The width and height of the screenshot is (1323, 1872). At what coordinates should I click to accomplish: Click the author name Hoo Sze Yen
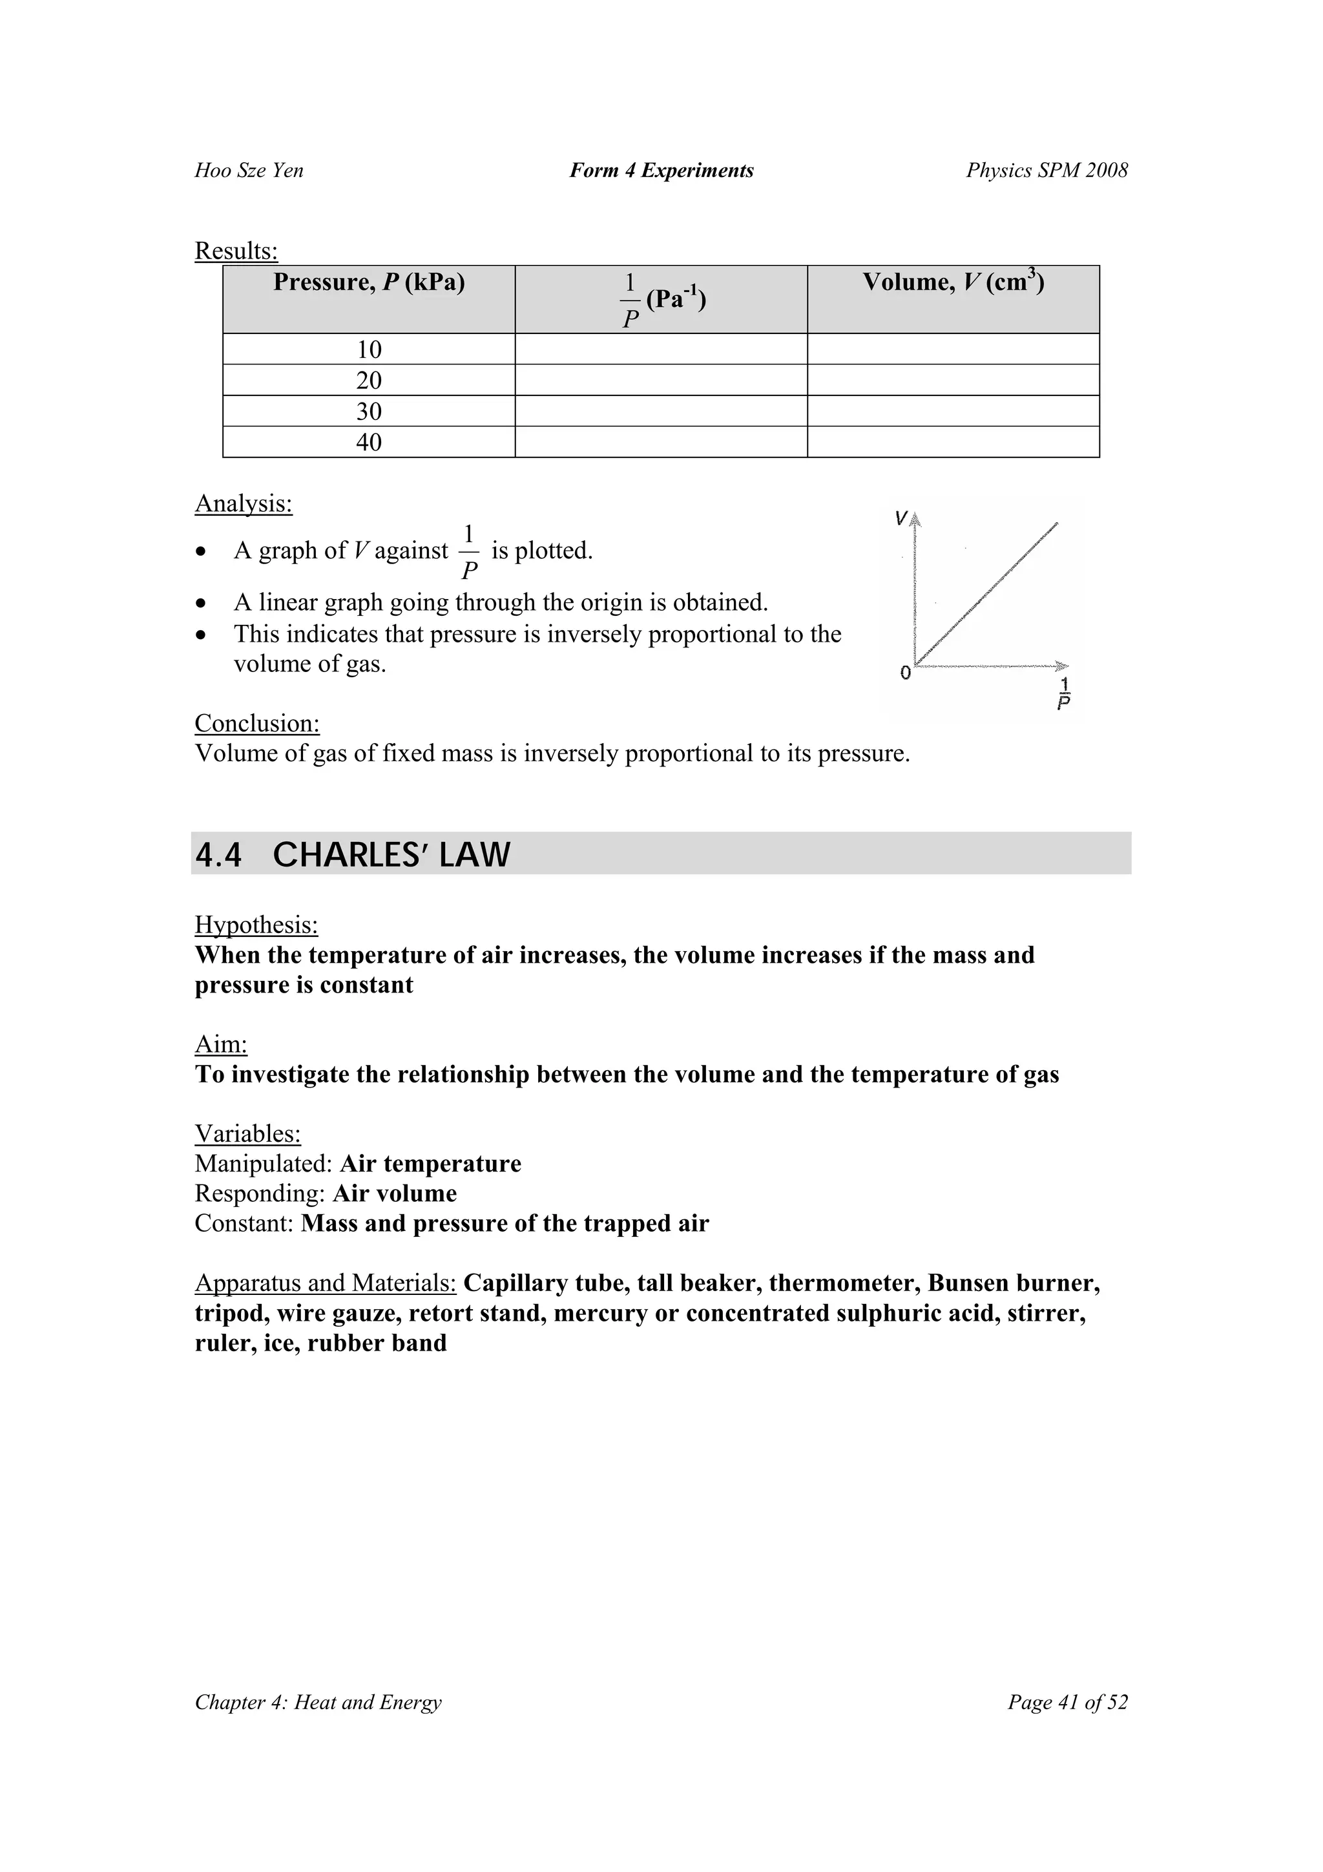(249, 171)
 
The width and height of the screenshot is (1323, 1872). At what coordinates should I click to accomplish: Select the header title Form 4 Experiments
(661, 171)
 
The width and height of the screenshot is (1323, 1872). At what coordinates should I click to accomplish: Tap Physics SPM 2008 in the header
(1047, 171)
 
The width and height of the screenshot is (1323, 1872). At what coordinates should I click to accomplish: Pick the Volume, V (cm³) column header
(953, 283)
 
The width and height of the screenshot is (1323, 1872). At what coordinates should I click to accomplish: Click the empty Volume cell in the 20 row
(953, 381)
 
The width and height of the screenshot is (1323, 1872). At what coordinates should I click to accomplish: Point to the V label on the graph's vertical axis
(901, 518)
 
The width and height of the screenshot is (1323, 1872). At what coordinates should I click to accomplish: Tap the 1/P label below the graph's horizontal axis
(1064, 693)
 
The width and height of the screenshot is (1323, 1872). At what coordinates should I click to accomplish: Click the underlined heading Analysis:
(243, 504)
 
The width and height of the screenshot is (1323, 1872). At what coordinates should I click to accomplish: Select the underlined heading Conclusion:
(256, 723)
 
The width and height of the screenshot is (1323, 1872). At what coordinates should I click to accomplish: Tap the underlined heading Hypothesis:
(256, 925)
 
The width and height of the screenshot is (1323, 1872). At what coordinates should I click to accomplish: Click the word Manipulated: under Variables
(264, 1164)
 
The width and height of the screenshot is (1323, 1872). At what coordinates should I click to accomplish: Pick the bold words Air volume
(395, 1194)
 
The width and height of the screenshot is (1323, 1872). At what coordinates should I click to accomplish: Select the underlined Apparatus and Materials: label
(325, 1283)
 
